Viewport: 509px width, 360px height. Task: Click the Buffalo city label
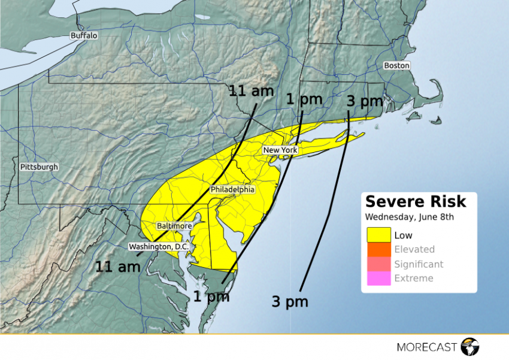point(84,35)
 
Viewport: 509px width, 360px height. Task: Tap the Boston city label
point(396,65)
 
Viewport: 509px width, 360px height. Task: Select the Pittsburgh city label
point(39,167)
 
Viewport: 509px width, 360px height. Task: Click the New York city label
point(281,150)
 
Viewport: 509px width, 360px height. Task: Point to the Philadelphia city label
point(232,189)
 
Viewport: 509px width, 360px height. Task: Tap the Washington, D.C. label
point(159,246)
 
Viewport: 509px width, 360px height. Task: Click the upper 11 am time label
point(251,92)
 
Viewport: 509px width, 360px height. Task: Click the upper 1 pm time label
point(304,99)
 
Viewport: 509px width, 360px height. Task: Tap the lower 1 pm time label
point(211,295)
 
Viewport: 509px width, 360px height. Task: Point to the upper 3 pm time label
point(365,101)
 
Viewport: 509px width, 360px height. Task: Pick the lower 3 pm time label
point(289,302)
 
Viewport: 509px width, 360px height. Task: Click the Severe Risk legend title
point(416,202)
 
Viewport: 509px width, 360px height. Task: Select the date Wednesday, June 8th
point(410,217)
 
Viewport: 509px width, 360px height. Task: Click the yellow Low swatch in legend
point(378,235)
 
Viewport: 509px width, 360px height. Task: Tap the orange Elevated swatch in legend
point(378,249)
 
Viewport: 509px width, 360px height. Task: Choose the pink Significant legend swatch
point(378,264)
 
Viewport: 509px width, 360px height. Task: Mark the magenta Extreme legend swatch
point(378,278)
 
